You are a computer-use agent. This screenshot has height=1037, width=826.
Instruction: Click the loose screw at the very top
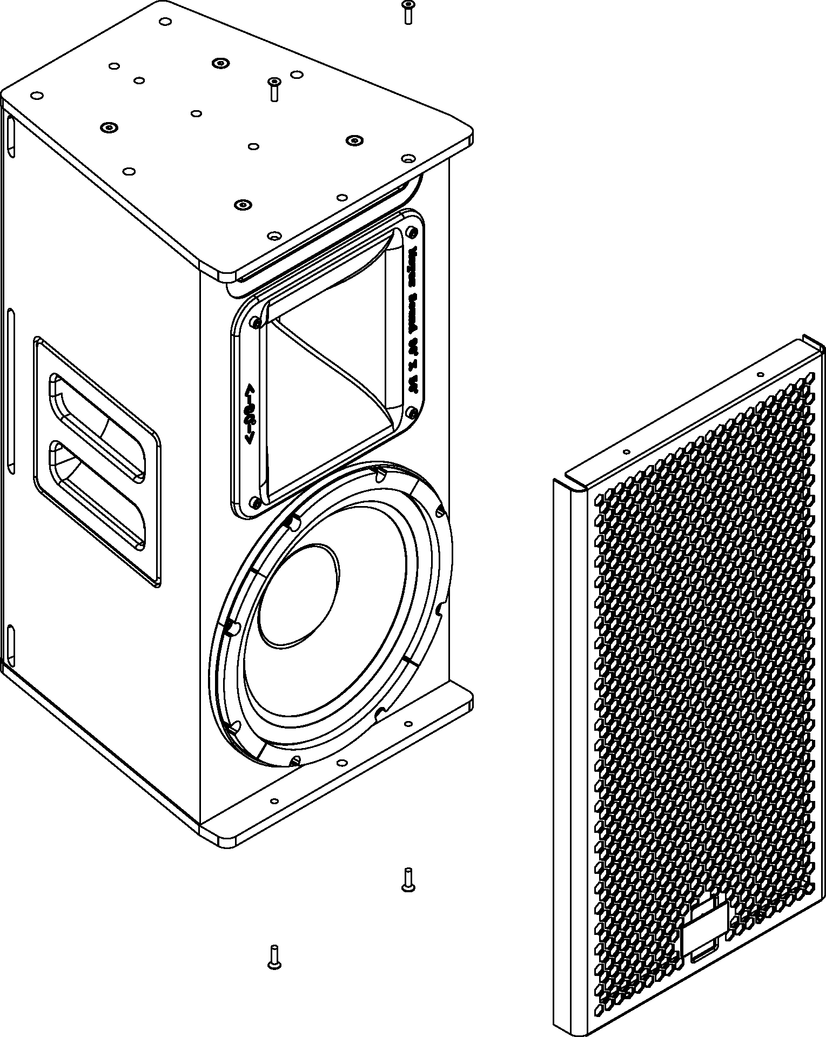point(408,12)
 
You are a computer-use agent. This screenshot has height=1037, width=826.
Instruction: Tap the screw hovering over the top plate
point(274,89)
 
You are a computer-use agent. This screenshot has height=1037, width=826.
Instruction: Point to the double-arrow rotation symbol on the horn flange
point(250,414)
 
